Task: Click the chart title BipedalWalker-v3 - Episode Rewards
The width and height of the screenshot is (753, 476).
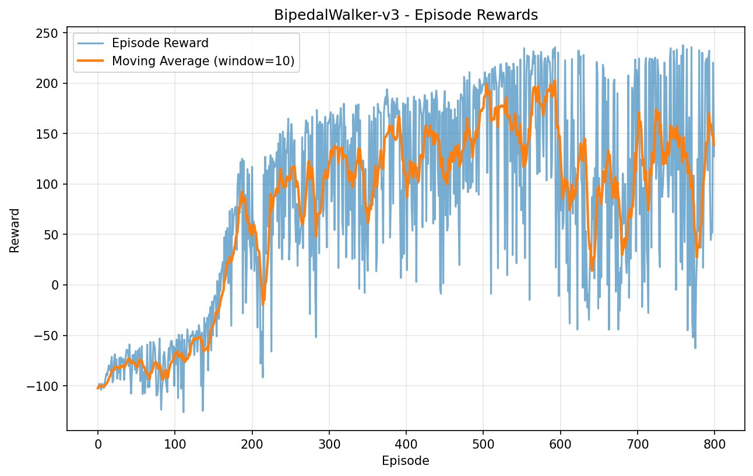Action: coord(406,16)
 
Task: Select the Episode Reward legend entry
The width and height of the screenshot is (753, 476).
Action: coord(160,43)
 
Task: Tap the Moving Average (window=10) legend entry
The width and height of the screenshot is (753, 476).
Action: coord(203,61)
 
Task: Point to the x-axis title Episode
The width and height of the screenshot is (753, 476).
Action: coord(406,461)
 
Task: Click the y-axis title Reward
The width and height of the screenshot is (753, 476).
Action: coord(15,230)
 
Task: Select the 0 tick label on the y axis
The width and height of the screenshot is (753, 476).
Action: coord(55,285)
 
